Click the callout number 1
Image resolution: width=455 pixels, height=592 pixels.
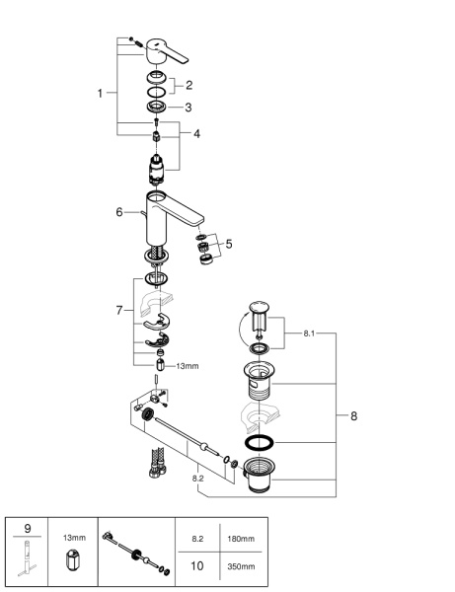point(100,93)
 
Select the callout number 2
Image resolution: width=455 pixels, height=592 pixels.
point(189,85)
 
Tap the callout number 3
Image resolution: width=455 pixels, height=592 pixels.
point(189,108)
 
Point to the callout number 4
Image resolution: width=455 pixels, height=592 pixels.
point(196,133)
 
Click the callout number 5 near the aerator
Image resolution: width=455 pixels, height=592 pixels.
point(229,244)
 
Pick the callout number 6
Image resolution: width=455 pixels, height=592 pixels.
point(119,212)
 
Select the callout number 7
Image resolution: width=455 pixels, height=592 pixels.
point(119,311)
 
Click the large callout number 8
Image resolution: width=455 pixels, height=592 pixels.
point(353,416)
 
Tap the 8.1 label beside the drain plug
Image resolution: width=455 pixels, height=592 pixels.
point(309,333)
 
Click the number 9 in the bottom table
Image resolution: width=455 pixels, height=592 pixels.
point(28,529)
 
